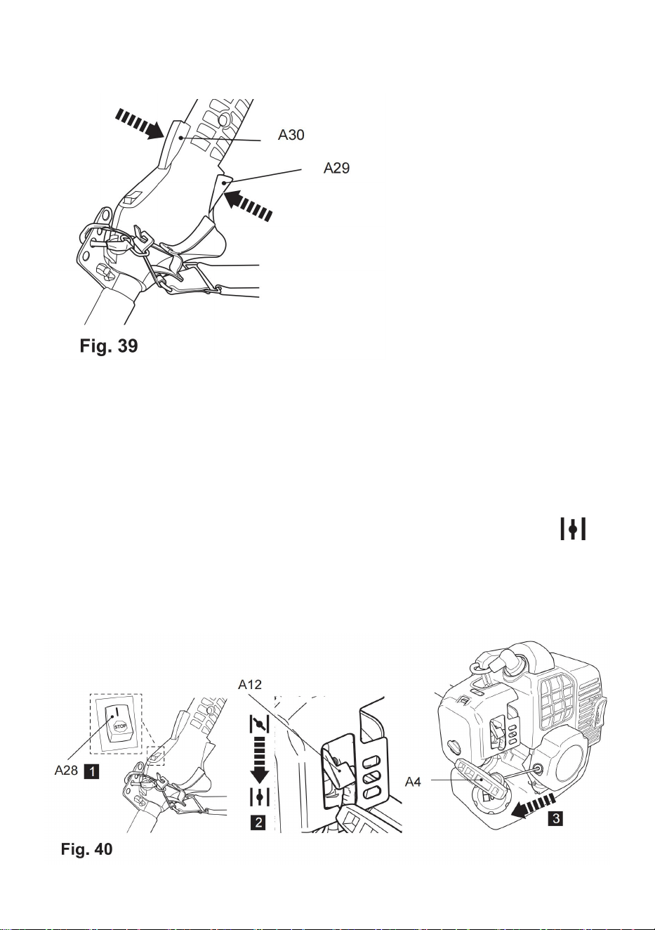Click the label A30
pos(291,135)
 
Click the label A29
pos(337,168)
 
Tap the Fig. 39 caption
pos(109,346)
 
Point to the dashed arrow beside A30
pos(139,123)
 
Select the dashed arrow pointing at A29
pos(249,204)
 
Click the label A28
pos(67,770)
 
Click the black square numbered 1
pos(91,771)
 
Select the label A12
pos(250,684)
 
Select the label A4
pos(413,782)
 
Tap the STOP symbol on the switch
pos(120,726)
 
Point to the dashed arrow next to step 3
pos(533,805)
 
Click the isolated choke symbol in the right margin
pos(574,528)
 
